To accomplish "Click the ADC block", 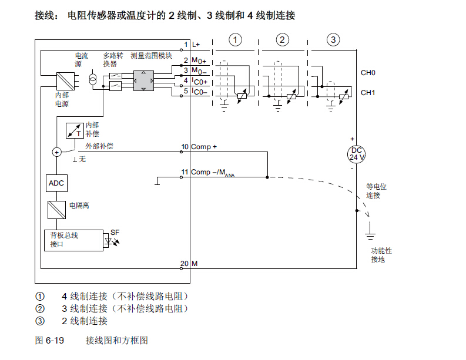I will pyautogui.click(x=56, y=183).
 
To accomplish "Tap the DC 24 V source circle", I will pyautogui.click(x=357, y=154).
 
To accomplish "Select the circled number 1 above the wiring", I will pyautogui.click(x=235, y=40).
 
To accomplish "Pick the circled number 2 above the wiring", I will pyautogui.click(x=283, y=40).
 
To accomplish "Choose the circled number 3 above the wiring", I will pyautogui.click(x=333, y=40).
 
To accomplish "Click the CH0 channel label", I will pyautogui.click(x=368, y=73).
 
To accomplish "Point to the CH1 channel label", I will pyautogui.click(x=368, y=93).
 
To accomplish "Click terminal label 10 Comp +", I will pyautogui.click(x=199, y=147).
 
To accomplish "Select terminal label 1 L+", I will pyautogui.click(x=192, y=45).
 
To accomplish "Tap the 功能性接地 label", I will pyautogui.click(x=381, y=255).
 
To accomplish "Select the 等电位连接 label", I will pyautogui.click(x=377, y=191).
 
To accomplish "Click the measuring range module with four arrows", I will pyautogui.click(x=144, y=80).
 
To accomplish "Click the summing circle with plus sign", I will pyautogui.click(x=57, y=152).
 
